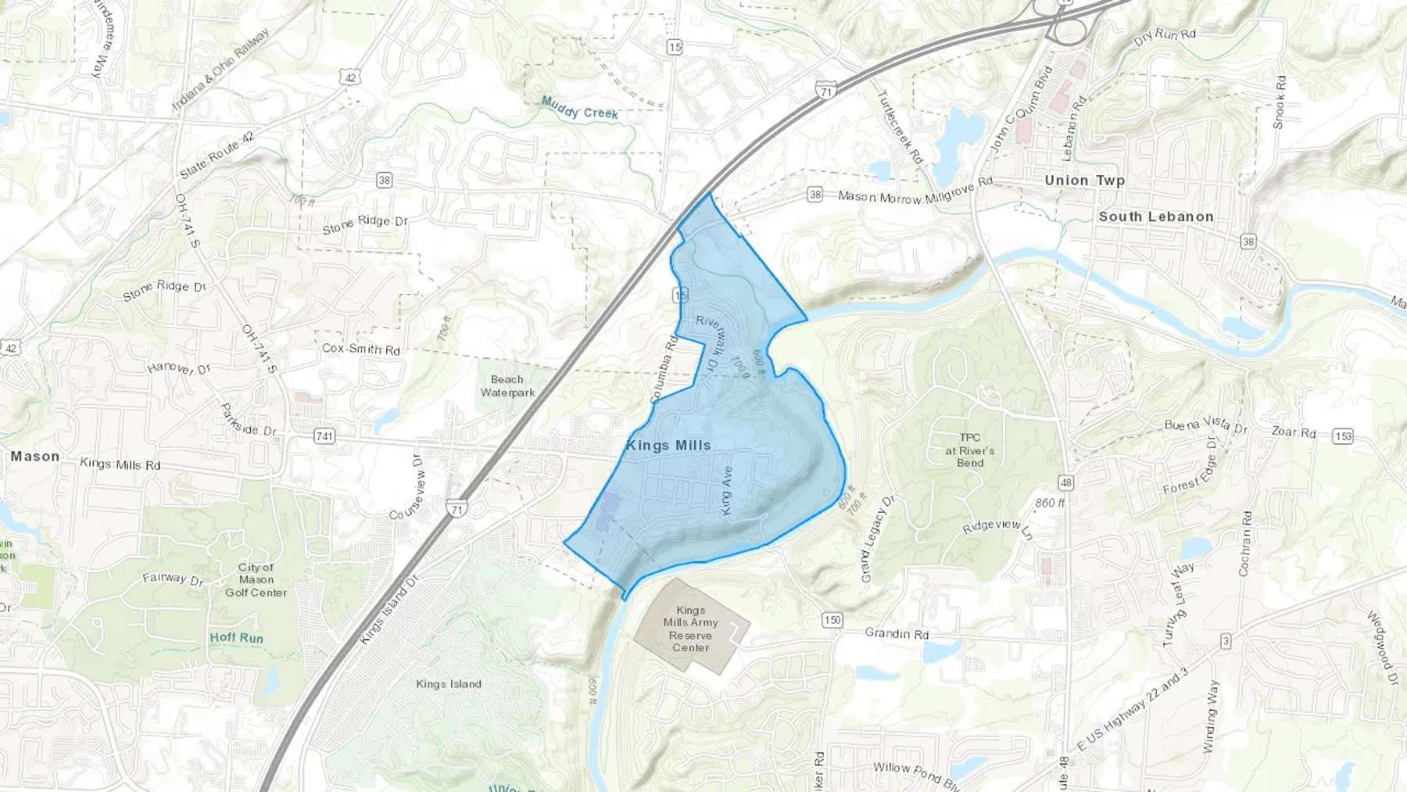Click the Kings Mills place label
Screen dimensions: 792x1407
[668, 446]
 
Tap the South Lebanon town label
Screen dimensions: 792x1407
[1155, 217]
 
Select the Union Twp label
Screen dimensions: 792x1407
[1084, 181]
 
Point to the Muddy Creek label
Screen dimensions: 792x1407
[579, 109]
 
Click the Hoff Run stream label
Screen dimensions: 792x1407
[236, 638]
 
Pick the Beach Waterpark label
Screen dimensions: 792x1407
[507, 386]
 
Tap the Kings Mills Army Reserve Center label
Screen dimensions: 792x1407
[690, 629]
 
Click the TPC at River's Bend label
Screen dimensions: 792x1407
[969, 450]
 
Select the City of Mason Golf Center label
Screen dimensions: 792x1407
[256, 580]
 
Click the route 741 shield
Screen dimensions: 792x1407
[324, 436]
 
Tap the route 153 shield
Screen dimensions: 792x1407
[1343, 436]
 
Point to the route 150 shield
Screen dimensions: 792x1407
[832, 620]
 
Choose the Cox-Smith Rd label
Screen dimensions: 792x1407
[361, 349]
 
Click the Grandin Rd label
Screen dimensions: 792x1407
[897, 633]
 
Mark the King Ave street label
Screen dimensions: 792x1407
[727, 491]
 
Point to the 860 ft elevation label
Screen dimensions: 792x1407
[1050, 504]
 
